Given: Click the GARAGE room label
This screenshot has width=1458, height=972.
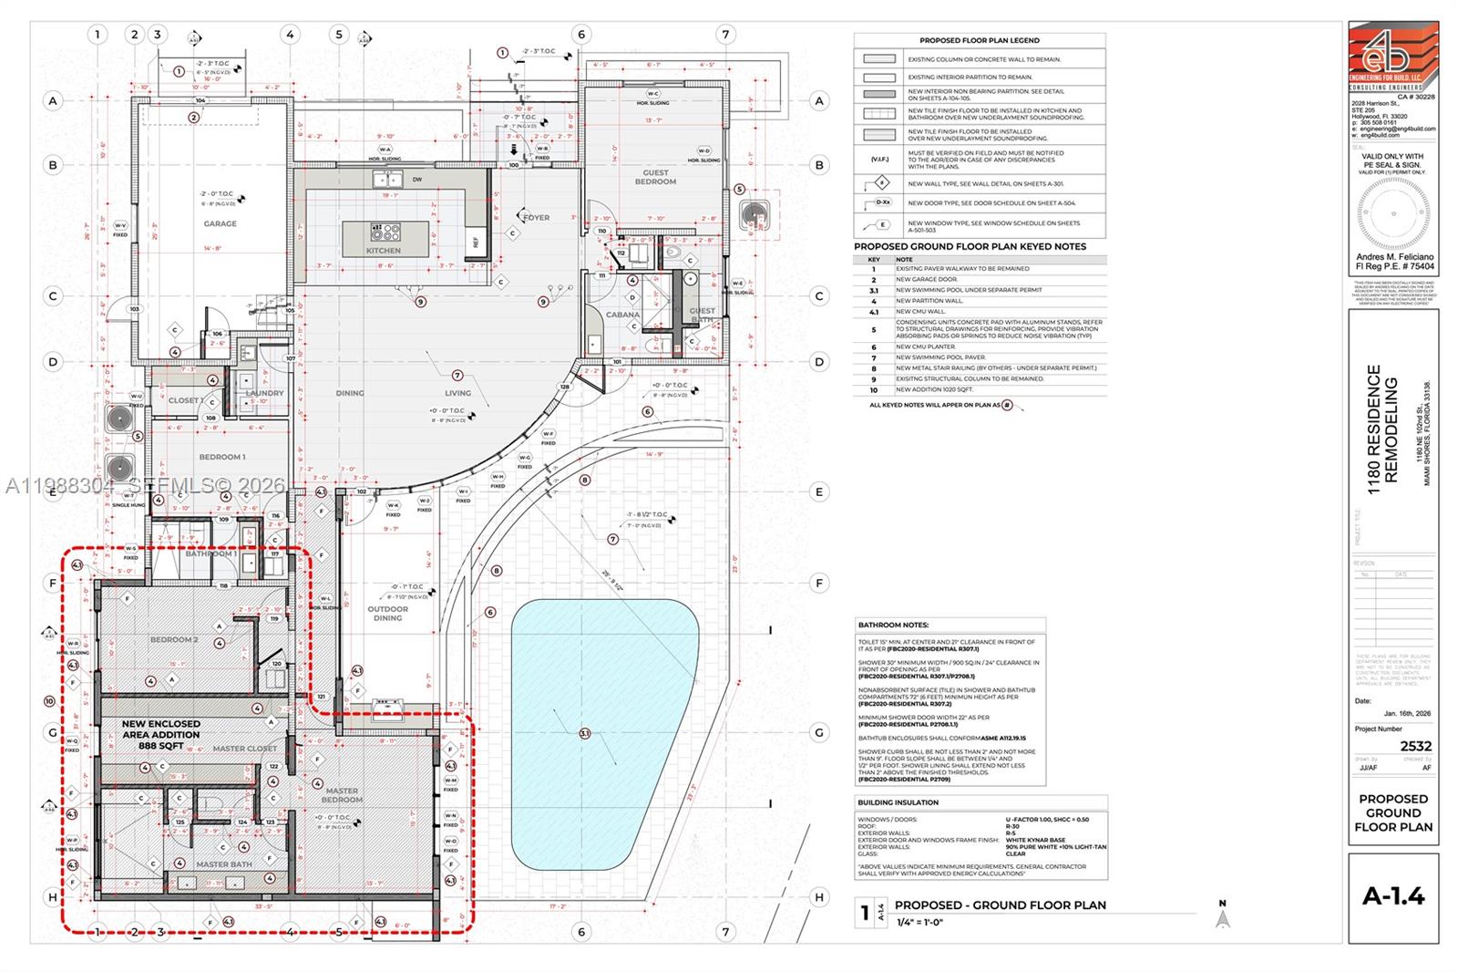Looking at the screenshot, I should click(220, 223).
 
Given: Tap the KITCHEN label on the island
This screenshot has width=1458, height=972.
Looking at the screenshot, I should click(384, 250).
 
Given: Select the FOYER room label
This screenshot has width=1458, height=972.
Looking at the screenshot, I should click(536, 218).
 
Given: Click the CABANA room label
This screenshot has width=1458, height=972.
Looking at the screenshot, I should click(622, 315).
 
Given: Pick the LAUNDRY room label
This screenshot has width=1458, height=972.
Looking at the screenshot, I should click(264, 393).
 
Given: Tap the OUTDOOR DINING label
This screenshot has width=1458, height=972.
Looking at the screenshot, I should click(387, 614).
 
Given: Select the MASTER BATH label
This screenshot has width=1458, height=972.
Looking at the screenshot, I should click(223, 864).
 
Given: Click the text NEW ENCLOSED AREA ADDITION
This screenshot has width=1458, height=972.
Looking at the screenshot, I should click(161, 729).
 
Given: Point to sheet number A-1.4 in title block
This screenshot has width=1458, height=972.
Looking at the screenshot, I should click(1393, 896).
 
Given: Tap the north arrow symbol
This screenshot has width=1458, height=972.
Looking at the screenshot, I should click(1223, 916).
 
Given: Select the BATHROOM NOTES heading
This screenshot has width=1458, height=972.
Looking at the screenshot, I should click(893, 626).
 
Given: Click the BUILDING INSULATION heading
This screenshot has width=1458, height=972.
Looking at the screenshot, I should click(898, 802).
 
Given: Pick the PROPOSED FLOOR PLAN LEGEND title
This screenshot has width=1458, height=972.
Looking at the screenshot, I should click(979, 41).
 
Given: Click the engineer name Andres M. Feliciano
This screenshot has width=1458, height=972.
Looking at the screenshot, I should click(1394, 257).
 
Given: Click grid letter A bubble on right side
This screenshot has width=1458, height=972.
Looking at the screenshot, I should click(819, 101).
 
